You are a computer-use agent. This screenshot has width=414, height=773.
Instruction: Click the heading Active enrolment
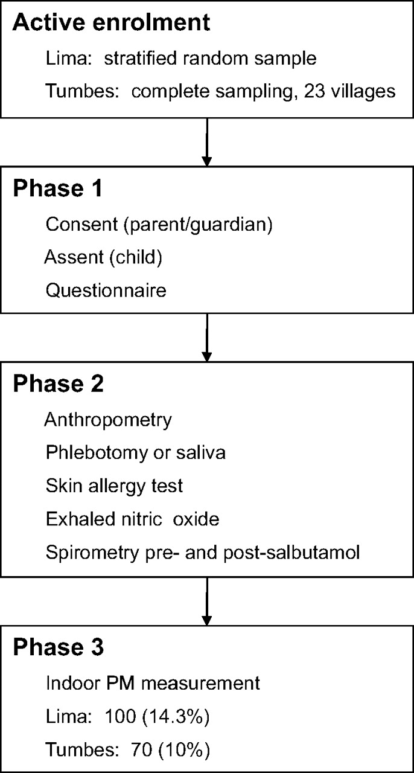[x=111, y=23]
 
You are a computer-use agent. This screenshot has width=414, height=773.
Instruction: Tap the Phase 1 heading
[x=57, y=188]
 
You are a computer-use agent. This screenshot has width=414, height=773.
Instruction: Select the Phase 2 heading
[x=59, y=383]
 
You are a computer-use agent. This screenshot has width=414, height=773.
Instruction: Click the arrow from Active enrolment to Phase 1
[x=206, y=142]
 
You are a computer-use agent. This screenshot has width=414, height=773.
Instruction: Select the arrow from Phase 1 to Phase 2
[x=206, y=338]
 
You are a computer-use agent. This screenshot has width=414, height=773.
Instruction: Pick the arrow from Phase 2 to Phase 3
[x=206, y=601]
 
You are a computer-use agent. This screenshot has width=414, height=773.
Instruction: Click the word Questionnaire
[x=106, y=290]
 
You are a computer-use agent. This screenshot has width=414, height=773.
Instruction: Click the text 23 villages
[x=349, y=91]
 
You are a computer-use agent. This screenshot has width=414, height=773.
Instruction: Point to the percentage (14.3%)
[x=176, y=716]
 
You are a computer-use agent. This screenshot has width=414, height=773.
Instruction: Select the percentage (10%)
[x=184, y=749]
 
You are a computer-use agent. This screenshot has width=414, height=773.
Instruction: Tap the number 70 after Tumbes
[x=141, y=749]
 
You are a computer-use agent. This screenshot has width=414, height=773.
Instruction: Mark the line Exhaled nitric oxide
[x=133, y=519]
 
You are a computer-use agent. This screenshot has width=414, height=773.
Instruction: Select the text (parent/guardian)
[x=198, y=225]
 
